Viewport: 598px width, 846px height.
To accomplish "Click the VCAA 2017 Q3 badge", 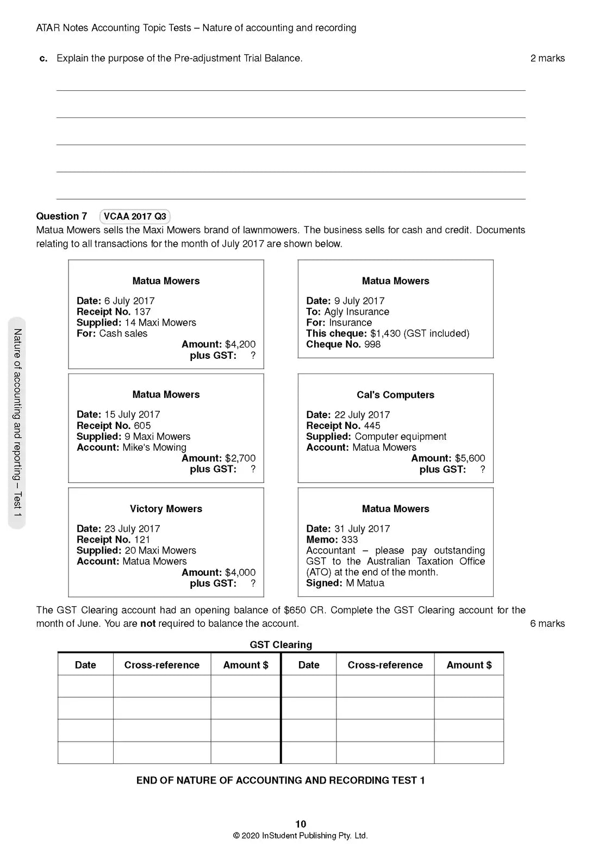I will [x=135, y=216].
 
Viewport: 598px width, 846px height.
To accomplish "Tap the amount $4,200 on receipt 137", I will [x=240, y=344].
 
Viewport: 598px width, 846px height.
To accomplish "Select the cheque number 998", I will [x=372, y=344].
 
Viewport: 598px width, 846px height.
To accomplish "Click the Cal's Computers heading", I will [x=395, y=395].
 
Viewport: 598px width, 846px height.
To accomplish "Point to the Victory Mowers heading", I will [x=166, y=509].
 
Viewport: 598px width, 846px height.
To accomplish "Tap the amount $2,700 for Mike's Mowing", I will [x=240, y=458].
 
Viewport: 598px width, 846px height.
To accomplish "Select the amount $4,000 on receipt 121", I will [x=240, y=573].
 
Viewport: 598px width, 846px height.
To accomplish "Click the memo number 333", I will [x=350, y=539].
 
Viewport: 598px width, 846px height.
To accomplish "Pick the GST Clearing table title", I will [x=281, y=645].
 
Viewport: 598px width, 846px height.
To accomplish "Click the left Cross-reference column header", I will [x=161, y=665].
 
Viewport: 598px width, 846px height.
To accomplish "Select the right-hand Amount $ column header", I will [x=469, y=665].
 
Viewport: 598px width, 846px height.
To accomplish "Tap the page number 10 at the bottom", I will [x=301, y=824].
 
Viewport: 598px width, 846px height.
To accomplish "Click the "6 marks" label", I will [x=547, y=624].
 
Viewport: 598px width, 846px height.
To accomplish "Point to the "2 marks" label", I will [x=547, y=58].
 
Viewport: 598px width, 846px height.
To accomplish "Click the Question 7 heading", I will [x=61, y=216].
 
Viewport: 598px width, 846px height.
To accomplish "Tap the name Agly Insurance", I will [x=357, y=312].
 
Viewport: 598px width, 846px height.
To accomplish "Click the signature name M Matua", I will [x=365, y=583].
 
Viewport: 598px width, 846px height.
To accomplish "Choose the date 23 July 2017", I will [x=132, y=528].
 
